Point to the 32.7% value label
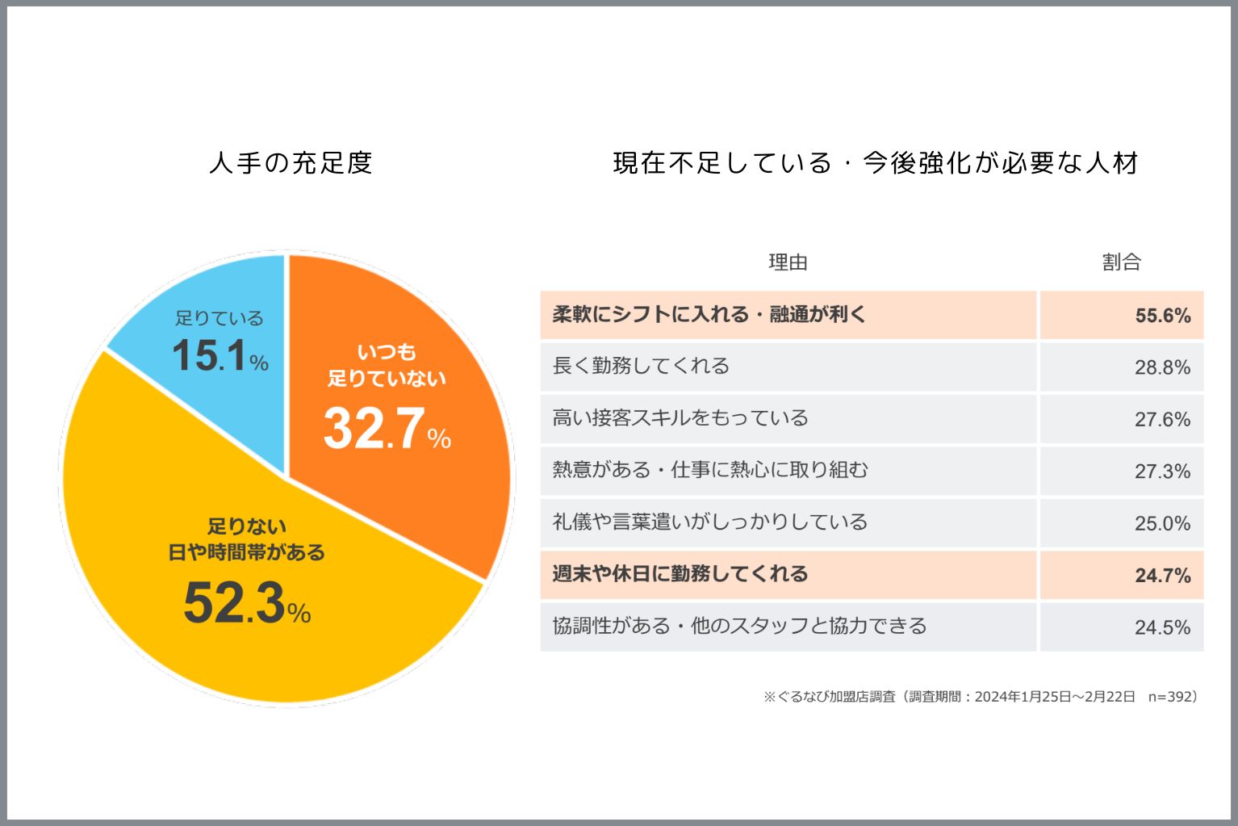click(x=387, y=428)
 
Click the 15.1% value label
click(x=220, y=355)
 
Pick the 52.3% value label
click(x=246, y=603)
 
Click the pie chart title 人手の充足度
click(x=291, y=163)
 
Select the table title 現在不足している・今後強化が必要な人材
click(x=876, y=163)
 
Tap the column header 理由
click(x=788, y=262)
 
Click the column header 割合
click(x=1121, y=262)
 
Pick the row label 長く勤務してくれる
click(x=641, y=366)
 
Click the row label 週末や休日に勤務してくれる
click(x=680, y=574)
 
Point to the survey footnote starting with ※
click(x=981, y=696)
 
